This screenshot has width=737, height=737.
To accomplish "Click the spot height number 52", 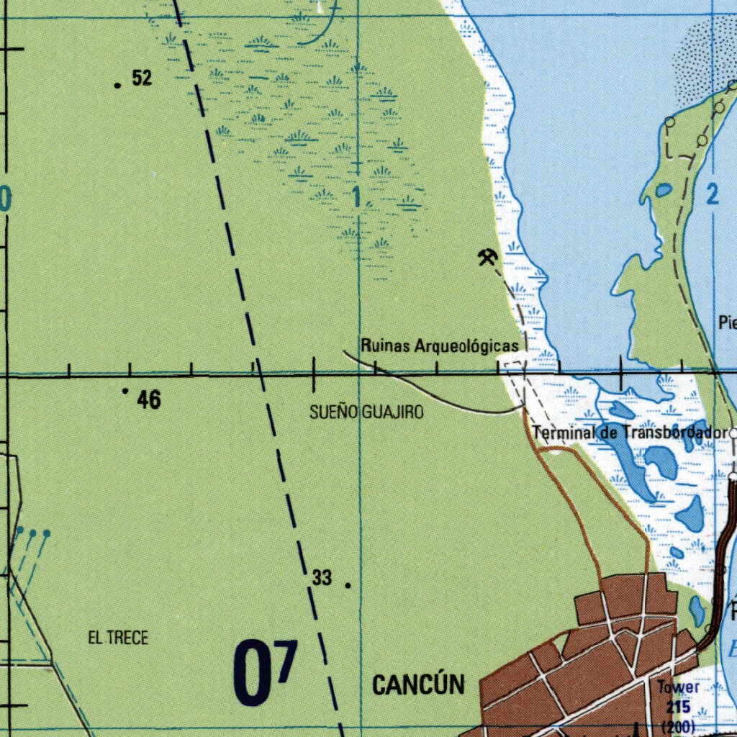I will tap(143, 78).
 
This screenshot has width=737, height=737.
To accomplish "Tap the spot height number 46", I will tap(149, 400).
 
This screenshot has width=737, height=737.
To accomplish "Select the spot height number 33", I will tap(322, 577).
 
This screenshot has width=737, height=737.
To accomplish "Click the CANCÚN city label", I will tap(418, 684).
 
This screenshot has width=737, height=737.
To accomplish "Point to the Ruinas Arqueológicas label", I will tap(439, 346).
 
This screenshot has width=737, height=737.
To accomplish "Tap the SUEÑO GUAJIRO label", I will tap(366, 412).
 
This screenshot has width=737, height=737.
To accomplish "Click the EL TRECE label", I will tap(118, 638).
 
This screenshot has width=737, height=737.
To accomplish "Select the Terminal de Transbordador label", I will tap(628, 433).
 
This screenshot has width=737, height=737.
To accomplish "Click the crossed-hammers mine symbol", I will tap(487, 256).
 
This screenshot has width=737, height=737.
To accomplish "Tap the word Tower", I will tap(678, 687).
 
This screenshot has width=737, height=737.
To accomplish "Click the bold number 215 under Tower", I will tap(678, 706).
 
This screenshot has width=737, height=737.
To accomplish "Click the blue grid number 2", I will tap(713, 194).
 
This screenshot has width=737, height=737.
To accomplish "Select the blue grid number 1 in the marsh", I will tap(358, 196).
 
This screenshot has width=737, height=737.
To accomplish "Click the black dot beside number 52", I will tap(117, 85).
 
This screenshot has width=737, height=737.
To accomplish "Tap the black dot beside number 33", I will tap(348, 585).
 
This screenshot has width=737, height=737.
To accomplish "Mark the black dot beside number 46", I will tap(125, 391).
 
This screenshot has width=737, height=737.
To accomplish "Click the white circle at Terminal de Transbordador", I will tap(733, 433).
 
